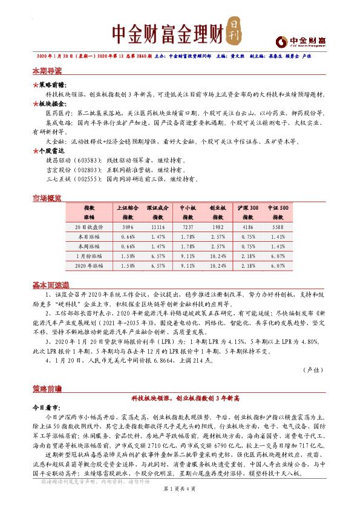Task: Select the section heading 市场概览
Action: coord(47,198)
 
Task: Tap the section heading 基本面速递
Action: coord(50,284)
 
